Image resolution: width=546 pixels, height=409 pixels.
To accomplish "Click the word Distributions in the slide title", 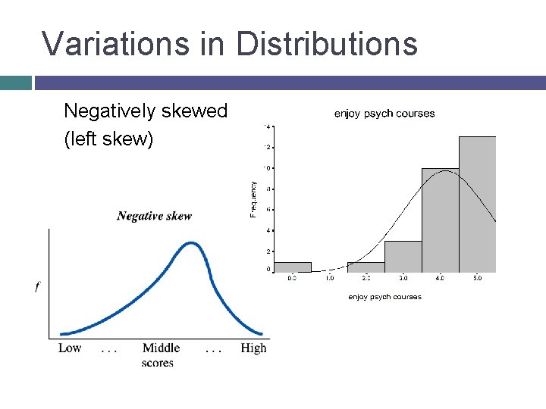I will pyautogui.click(x=327, y=43).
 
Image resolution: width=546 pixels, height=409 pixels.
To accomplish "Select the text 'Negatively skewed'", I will pyautogui.click(x=146, y=111).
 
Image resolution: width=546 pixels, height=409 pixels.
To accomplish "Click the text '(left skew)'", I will pyautogui.click(x=108, y=140).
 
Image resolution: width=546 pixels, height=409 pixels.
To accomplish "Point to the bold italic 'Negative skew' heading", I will pyautogui.click(x=154, y=216).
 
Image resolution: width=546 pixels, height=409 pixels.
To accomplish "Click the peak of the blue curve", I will pyautogui.click(x=192, y=244).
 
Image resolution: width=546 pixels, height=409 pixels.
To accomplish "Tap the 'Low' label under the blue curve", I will pyautogui.click(x=70, y=348).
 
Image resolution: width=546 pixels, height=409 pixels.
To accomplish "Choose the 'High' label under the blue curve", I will pyautogui.click(x=253, y=348).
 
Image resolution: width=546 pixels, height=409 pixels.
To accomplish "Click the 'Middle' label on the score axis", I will pyautogui.click(x=161, y=348).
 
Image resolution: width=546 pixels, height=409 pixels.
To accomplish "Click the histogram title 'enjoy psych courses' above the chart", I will pyautogui.click(x=384, y=114).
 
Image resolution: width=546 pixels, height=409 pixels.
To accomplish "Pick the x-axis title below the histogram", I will pyautogui.click(x=384, y=297).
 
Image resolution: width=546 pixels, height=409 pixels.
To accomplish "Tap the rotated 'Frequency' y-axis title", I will pyautogui.click(x=253, y=198).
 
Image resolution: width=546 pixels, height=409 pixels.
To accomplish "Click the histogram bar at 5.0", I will pyautogui.click(x=477, y=204).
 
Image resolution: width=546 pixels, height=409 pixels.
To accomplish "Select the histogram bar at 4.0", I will pyautogui.click(x=440, y=220).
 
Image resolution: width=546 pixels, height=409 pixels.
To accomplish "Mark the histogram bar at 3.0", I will pyautogui.click(x=403, y=257).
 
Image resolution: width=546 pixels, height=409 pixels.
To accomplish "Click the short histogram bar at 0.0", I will pyautogui.click(x=292, y=267).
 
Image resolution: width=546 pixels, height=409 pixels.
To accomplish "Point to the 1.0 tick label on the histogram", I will pyautogui.click(x=330, y=279).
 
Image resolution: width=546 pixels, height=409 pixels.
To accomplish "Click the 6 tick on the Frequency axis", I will pyautogui.click(x=268, y=209).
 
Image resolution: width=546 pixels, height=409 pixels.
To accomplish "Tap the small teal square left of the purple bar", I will pyautogui.click(x=15, y=83).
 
